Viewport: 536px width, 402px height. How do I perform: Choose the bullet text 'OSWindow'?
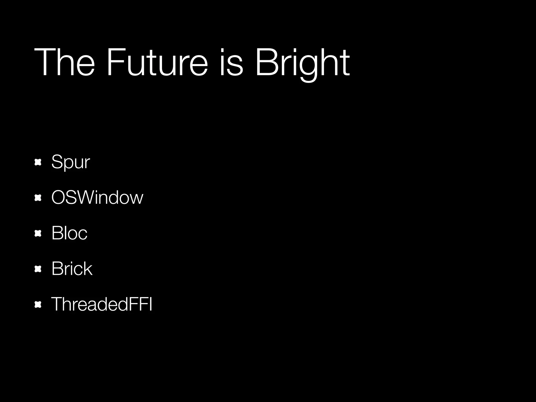[x=97, y=197]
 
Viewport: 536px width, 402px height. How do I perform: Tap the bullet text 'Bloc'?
[x=69, y=233]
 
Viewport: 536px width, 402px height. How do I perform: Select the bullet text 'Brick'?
[x=72, y=269]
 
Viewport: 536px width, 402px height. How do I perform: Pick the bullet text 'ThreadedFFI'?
[x=102, y=304]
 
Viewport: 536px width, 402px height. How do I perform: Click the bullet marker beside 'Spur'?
[x=38, y=163]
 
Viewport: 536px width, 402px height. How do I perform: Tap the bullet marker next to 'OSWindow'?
[x=38, y=198]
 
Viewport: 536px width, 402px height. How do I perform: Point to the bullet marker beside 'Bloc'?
[x=38, y=233]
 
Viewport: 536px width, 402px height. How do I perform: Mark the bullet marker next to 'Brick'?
[x=38, y=269]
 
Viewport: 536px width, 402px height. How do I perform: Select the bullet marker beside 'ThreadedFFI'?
[x=38, y=304]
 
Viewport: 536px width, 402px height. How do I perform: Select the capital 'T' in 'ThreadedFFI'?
[x=57, y=304]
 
